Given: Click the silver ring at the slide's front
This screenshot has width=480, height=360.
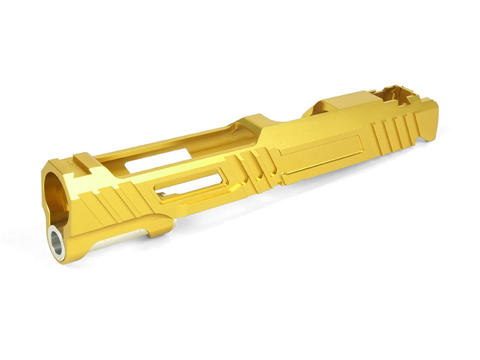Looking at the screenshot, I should tap(57, 243).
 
